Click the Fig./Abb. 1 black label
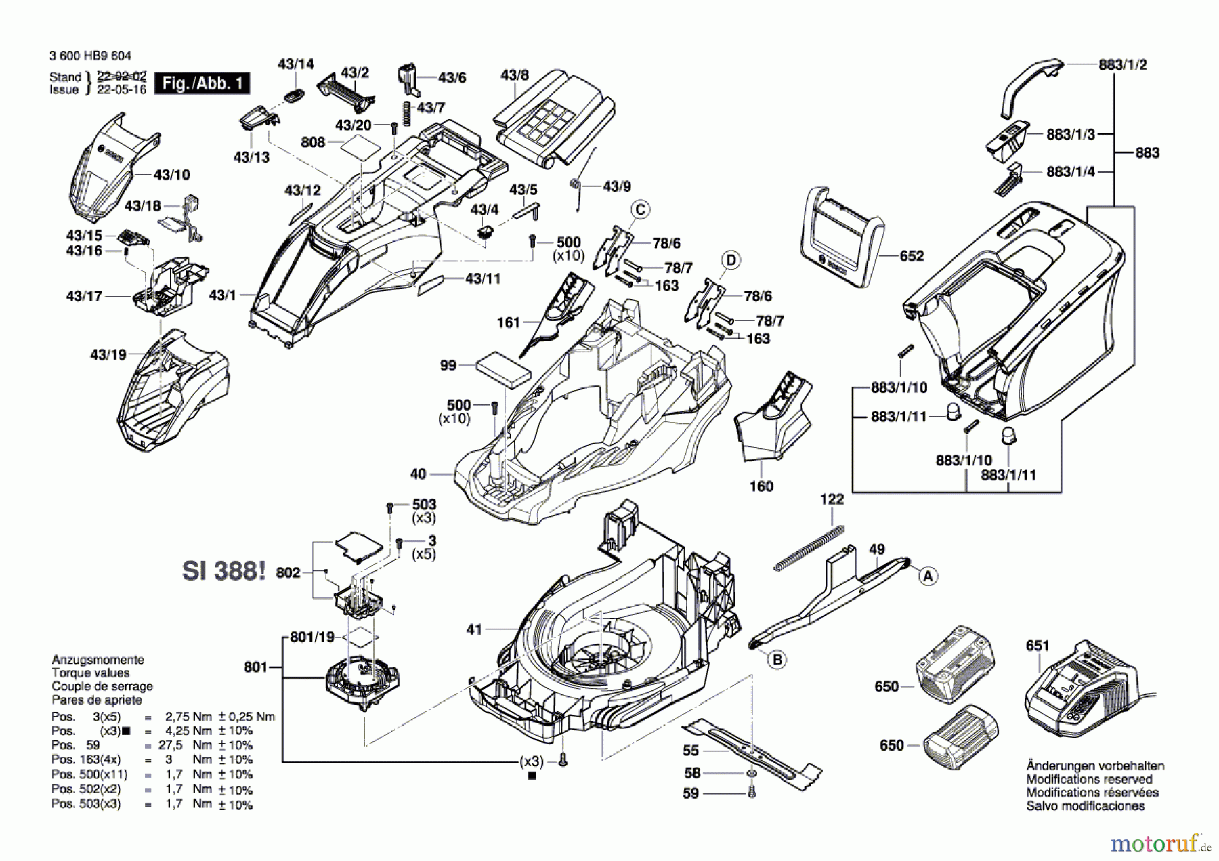point(202,83)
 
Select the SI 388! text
point(223,571)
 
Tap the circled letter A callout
point(928,576)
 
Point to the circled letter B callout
point(777,659)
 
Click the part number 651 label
point(1038,646)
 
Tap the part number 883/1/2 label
point(1122,64)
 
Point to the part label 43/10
point(171,175)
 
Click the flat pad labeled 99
point(502,369)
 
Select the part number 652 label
point(912,256)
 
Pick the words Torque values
point(91,673)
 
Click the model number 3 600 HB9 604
point(90,56)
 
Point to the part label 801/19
point(312,637)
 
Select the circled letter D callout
point(731,260)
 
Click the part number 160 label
point(761,486)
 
